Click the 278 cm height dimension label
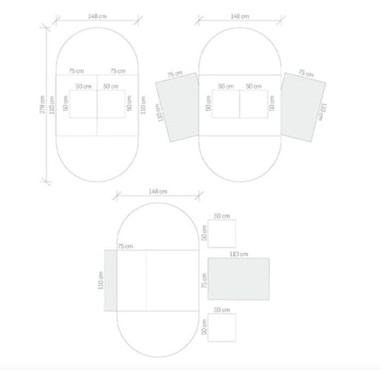pyautogui.click(x=42, y=104)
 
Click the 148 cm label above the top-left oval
pyautogui.click(x=97, y=16)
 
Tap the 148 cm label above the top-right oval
pyautogui.click(x=240, y=16)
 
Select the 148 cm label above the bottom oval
pyautogui.click(x=158, y=192)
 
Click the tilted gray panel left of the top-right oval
pyautogui.click(x=177, y=107)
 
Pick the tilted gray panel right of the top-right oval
pyautogui.click(x=303, y=107)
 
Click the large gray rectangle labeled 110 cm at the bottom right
pyautogui.click(x=239, y=279)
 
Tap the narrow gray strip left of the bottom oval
pyautogui.click(x=111, y=280)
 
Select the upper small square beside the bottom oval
pyautogui.click(x=222, y=234)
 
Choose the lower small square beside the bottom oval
pyautogui.click(x=222, y=327)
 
